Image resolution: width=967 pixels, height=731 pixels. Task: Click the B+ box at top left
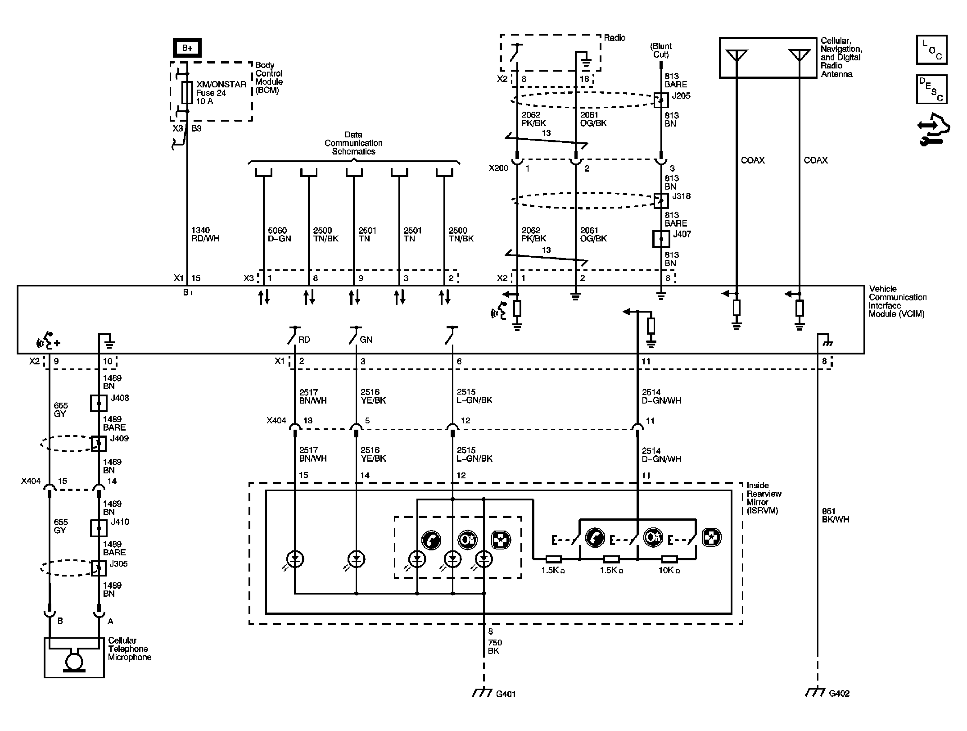pos(187,48)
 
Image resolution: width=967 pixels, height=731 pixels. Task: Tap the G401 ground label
pos(506,694)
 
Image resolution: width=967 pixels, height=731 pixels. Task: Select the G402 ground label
pos(839,694)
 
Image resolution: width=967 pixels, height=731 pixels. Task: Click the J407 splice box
pos(661,239)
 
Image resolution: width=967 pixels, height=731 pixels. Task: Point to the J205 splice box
pos(661,100)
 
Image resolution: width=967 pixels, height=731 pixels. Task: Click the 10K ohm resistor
pos(669,559)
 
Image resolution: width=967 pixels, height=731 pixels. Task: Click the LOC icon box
pos(931,50)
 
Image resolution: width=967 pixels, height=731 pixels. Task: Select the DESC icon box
pos(931,89)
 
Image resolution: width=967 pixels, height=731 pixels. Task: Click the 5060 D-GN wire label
pos(279,234)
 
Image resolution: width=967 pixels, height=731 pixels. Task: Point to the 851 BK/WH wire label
pos(835,515)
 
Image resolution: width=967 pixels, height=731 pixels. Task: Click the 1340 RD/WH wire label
pos(205,234)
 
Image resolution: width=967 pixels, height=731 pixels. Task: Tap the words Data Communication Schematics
pos(353,143)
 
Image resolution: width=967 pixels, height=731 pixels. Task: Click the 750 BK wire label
pos(495,647)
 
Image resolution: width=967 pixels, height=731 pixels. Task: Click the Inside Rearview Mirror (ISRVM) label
pos(764,498)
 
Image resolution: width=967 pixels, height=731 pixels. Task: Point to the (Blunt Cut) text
pos(661,50)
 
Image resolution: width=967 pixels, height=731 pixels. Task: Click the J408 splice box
pos(99,403)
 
